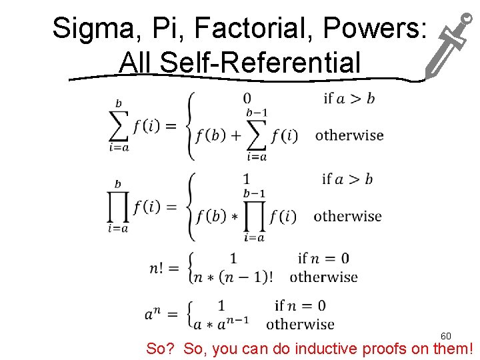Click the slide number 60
[x=446, y=336]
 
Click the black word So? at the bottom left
[x=162, y=348]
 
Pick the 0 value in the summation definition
[x=247, y=99]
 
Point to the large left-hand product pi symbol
[x=118, y=207]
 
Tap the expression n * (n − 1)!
[x=233, y=277]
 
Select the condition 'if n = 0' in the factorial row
[x=323, y=259]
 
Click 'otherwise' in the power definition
[x=300, y=325]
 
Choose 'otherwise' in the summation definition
[x=349, y=135]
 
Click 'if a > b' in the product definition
[x=347, y=179]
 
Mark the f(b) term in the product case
[x=211, y=216]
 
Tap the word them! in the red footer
[x=453, y=348]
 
